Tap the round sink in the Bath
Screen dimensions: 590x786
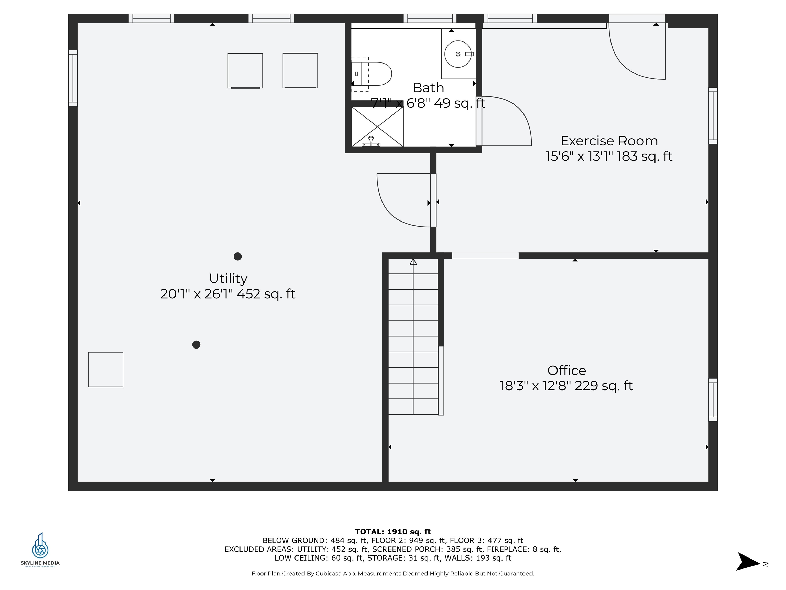458,54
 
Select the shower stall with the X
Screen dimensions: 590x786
377,127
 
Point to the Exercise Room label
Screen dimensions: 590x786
609,141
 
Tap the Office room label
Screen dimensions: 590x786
566,371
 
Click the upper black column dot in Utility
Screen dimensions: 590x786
238,256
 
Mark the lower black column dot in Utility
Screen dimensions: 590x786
196,345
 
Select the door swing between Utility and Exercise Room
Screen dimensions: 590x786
400,203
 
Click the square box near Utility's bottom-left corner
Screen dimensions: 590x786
105,370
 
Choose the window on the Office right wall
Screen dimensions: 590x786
713,400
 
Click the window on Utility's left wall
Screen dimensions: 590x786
73,78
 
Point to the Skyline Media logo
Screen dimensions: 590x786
40,550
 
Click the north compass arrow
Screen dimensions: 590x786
748,562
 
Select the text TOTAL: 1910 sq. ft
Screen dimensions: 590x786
393,532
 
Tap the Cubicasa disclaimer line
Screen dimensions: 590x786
393,574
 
